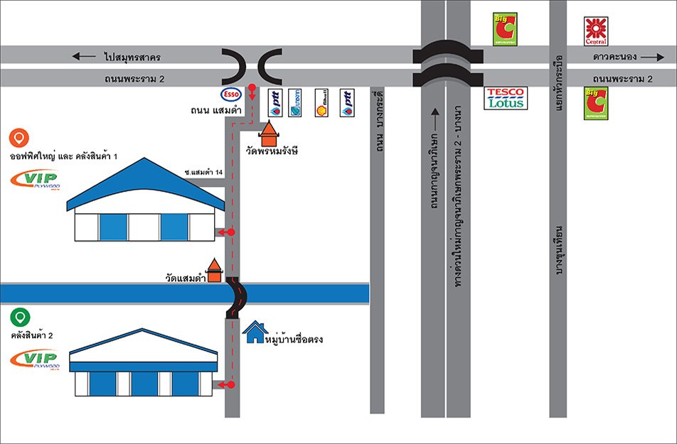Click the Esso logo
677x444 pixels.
click(x=232, y=94)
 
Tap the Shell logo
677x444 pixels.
click(x=321, y=102)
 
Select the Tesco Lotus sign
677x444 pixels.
click(x=506, y=98)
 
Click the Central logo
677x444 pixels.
click(x=595, y=31)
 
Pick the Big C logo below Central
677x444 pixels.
click(x=595, y=103)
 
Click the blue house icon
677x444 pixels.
click(x=254, y=331)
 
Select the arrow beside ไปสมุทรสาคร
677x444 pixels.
click(x=82, y=55)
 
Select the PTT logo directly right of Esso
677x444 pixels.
click(x=275, y=102)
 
